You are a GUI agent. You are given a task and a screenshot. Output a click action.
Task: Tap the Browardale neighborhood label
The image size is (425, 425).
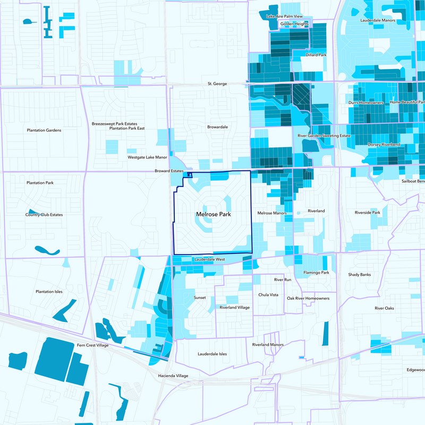tap(217, 127)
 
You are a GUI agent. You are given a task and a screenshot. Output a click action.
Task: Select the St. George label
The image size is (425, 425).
tap(217, 84)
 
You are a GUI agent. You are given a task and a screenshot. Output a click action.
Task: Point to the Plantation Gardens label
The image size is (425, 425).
tap(44, 130)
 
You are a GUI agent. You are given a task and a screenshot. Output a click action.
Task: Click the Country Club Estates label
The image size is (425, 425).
tap(44, 215)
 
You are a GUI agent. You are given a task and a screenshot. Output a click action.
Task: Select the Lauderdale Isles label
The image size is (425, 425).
tap(212, 354)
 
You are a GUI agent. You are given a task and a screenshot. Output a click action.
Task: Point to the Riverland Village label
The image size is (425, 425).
tap(234, 308)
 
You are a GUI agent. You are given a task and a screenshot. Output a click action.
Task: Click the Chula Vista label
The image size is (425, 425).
tap(268, 294)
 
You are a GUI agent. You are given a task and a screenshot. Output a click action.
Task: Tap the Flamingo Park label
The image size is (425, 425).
tap(317, 273)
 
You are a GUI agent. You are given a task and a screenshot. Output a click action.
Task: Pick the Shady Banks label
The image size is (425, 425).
tap(359, 275)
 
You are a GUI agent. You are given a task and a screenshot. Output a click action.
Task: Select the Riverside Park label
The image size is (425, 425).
tap(368, 212)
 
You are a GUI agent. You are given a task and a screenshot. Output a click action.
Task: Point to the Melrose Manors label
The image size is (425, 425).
tap(271, 213)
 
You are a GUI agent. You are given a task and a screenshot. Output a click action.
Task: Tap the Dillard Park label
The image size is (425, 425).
tap(316, 55)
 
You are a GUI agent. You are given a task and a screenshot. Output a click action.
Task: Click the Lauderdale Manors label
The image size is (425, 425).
tap(378, 20)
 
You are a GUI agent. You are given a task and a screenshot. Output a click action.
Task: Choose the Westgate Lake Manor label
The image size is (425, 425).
tap(147, 158)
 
